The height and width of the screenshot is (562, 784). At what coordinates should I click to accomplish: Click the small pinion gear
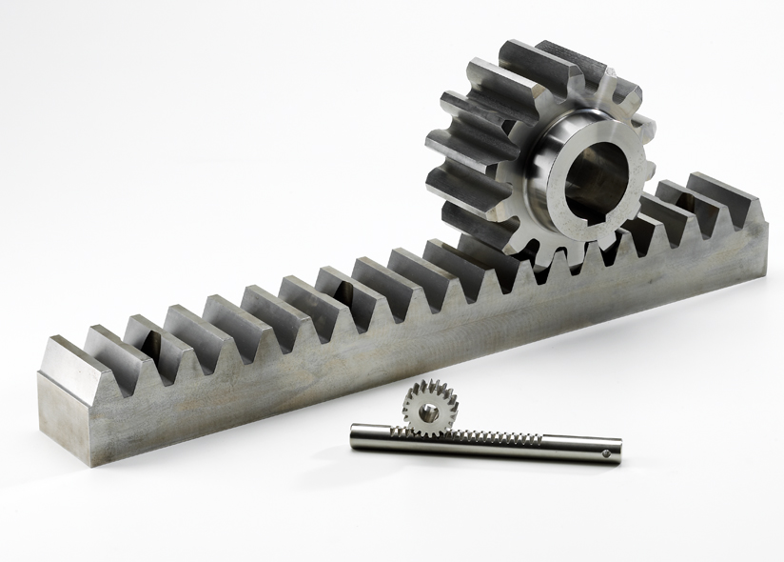(429, 408)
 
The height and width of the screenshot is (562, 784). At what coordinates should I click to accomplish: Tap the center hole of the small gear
(430, 411)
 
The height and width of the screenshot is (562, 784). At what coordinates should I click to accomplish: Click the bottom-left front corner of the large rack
(91, 465)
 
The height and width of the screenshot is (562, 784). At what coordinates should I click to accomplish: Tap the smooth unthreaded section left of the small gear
(376, 437)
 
